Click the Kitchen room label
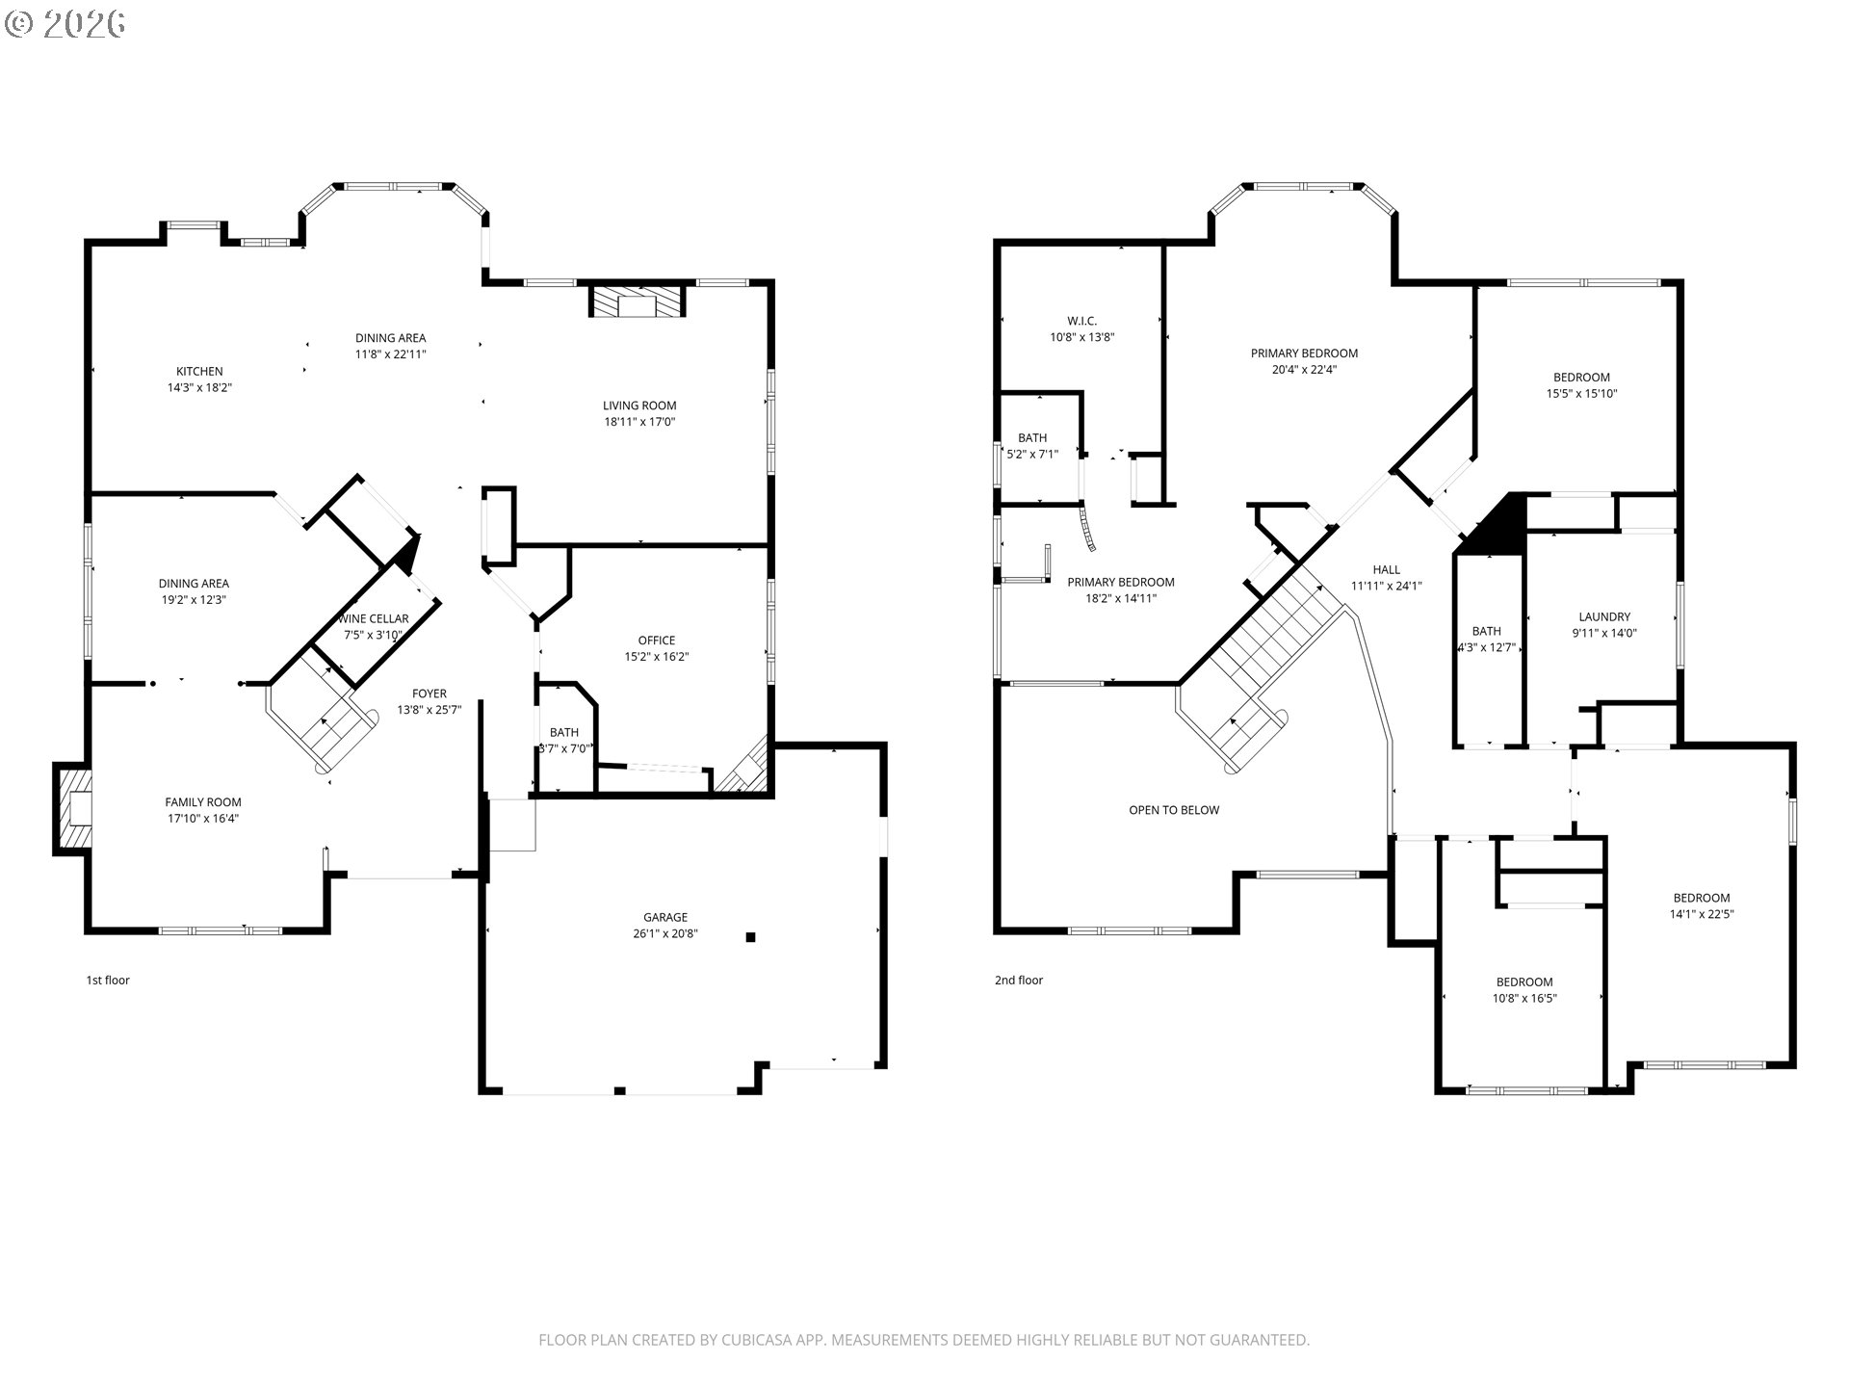(x=199, y=371)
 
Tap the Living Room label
(x=639, y=406)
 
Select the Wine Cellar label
(x=375, y=618)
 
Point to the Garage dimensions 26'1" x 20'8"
(x=665, y=933)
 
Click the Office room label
(x=657, y=641)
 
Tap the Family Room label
(x=203, y=802)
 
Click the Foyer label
(x=430, y=693)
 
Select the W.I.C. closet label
(x=1082, y=321)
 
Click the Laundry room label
(x=1604, y=617)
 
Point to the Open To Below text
(x=1174, y=810)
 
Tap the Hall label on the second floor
(x=1387, y=569)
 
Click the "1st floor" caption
(x=108, y=981)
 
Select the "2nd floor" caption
(x=1019, y=981)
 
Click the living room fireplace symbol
(x=637, y=301)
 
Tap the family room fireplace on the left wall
(x=73, y=808)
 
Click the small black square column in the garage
(x=751, y=936)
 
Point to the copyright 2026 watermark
(x=65, y=23)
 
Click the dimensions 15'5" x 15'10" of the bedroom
(x=1581, y=394)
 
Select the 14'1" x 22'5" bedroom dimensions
(x=1702, y=914)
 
